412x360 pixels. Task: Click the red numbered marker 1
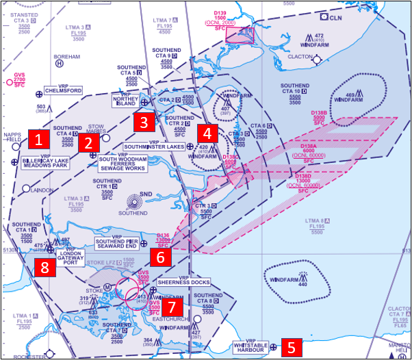(x=40, y=140)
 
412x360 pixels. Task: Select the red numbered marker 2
(x=88, y=142)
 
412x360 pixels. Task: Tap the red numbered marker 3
(x=143, y=123)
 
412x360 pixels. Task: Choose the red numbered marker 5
(x=292, y=347)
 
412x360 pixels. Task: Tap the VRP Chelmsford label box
(x=63, y=90)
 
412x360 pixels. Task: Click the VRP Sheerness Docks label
(x=183, y=281)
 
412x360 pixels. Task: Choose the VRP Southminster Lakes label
(x=154, y=146)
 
